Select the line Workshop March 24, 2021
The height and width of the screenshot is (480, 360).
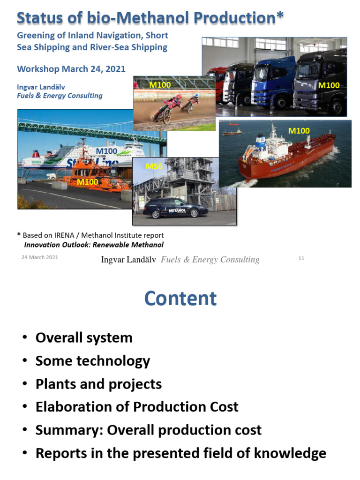[x=71, y=69]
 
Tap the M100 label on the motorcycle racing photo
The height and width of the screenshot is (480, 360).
[x=160, y=85]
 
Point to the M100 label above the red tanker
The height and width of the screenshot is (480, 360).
[x=299, y=131]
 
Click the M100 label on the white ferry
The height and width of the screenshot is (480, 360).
[x=106, y=151]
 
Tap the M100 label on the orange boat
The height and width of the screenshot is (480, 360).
[x=87, y=181]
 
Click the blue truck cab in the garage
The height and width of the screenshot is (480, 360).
[x=272, y=84]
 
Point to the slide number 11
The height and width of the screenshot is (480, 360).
[x=301, y=258]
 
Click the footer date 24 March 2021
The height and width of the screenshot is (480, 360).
[x=40, y=257]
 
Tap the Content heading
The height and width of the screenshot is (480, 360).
[x=180, y=299]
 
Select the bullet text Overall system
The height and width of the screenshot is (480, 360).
[x=84, y=338]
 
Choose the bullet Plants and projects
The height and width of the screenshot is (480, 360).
[x=98, y=384]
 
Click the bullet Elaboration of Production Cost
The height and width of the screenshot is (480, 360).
[x=137, y=407]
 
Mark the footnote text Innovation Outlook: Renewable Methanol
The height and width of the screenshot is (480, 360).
[x=94, y=245]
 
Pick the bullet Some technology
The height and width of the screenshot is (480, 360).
[x=93, y=361]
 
